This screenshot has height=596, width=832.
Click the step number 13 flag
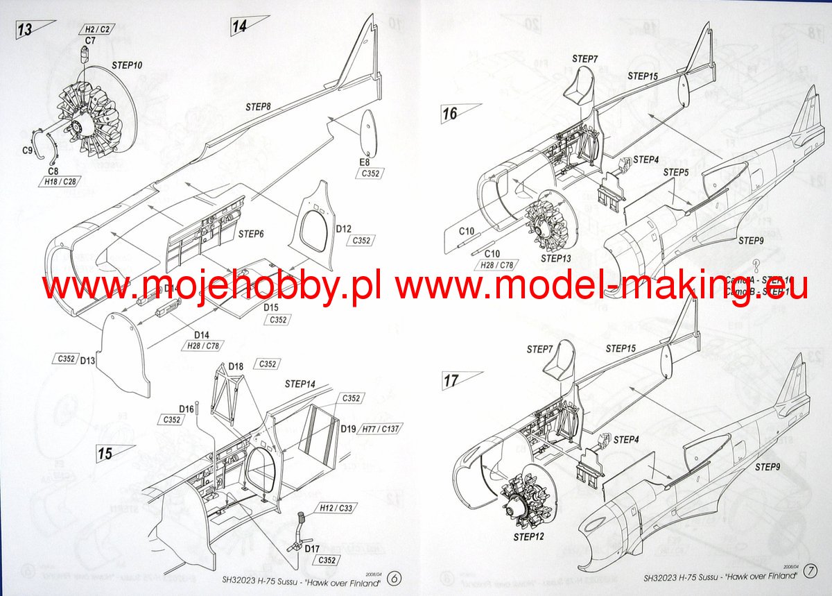coord(26,29)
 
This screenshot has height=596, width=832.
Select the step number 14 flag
coord(241,26)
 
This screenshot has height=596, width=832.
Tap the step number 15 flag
coord(106,454)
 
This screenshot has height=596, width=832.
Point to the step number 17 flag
coord(452,380)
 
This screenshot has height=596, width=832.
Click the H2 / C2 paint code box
coord(98,31)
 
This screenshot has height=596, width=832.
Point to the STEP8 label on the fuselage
coord(258,107)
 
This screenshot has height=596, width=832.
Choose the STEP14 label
coord(300,384)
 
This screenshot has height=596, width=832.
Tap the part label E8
coord(365,162)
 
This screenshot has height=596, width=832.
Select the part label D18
coord(236,366)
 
